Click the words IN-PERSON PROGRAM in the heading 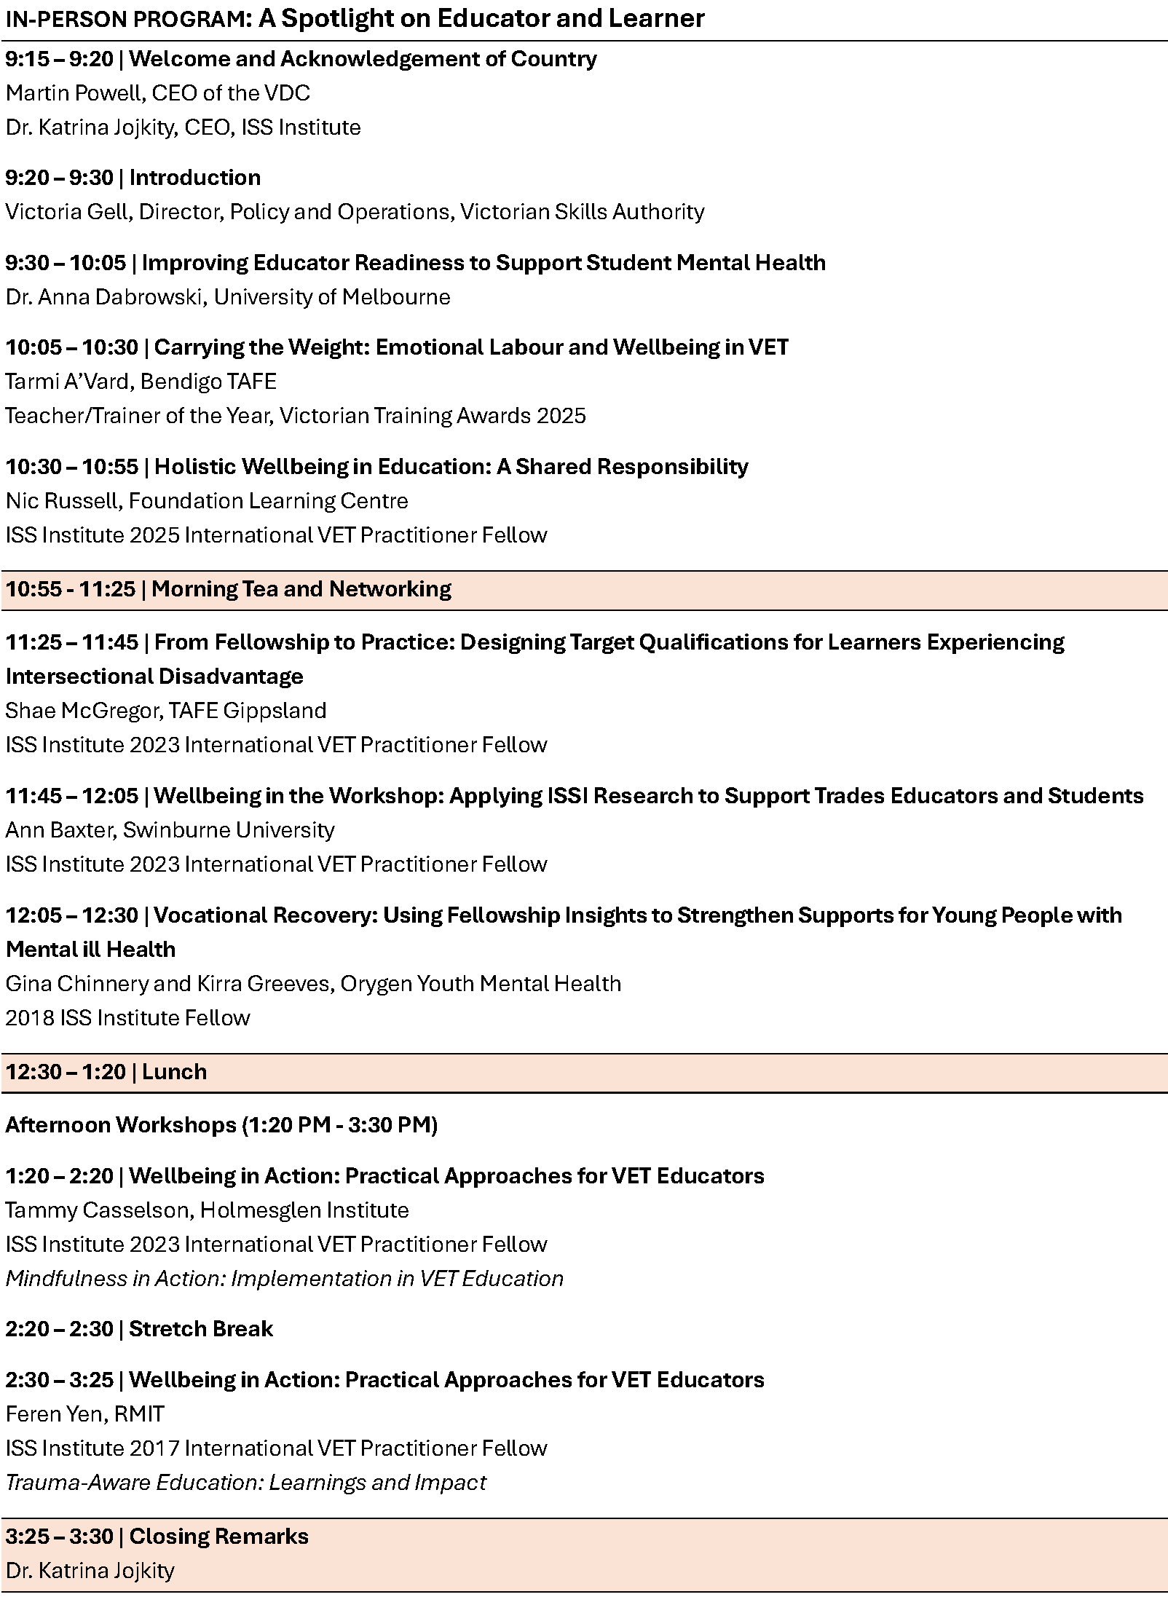[127, 19]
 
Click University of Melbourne [331, 297]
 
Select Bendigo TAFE [208, 382]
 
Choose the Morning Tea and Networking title [301, 588]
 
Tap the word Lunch [174, 1072]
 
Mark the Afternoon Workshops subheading [221, 1125]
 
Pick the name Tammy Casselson [97, 1210]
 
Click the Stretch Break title [200, 1329]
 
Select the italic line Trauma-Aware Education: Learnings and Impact [245, 1483]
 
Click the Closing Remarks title [218, 1537]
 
